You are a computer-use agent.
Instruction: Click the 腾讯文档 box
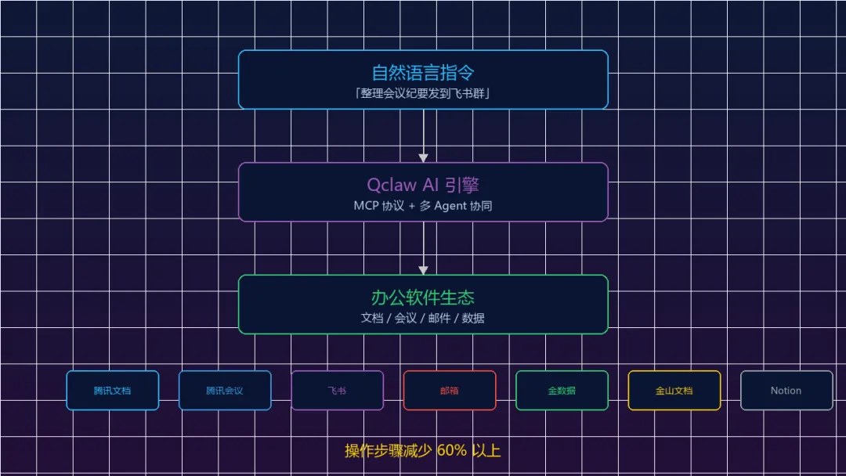click(113, 391)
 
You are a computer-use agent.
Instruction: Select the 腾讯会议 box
click(225, 391)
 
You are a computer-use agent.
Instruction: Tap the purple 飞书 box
click(337, 391)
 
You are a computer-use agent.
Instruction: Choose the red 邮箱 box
click(450, 391)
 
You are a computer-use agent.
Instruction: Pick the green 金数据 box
click(562, 391)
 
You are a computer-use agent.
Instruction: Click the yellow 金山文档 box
click(674, 391)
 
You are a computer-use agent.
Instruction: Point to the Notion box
click(786, 391)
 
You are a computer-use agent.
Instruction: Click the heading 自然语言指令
click(423, 73)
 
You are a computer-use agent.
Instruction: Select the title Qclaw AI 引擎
click(423, 185)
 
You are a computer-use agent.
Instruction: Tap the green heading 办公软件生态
click(423, 297)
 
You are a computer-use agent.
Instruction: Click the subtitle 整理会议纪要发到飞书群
click(423, 93)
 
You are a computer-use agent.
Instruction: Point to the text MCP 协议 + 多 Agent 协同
click(423, 206)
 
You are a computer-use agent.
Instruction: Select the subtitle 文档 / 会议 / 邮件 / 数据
click(423, 318)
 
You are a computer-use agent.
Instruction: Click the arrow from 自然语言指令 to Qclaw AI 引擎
click(423, 135)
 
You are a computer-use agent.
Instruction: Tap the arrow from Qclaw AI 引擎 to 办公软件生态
click(423, 248)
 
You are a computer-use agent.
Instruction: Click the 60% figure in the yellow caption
click(451, 451)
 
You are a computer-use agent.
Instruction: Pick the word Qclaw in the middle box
click(389, 186)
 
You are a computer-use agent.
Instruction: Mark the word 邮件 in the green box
click(439, 318)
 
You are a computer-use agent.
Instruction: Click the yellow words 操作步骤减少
click(389, 451)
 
